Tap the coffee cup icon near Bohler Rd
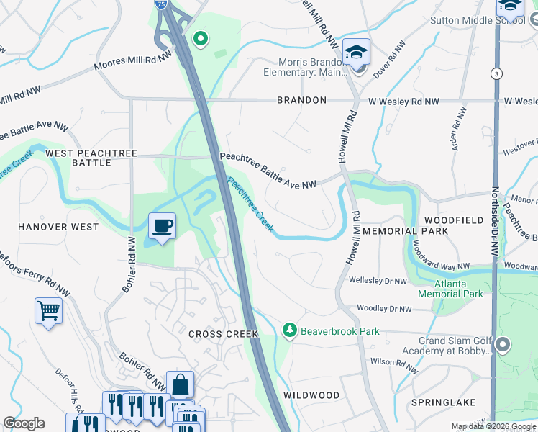tap(162, 226)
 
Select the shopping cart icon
tap(48, 311)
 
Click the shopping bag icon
tap(180, 384)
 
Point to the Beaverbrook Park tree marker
tap(289, 330)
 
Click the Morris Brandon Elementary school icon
tap(356, 52)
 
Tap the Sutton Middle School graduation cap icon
tap(509, 6)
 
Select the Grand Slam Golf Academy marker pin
tap(503, 346)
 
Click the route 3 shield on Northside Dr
tap(496, 73)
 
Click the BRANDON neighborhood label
tap(301, 101)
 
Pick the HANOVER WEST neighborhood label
tap(58, 227)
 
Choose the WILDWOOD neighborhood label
tap(311, 395)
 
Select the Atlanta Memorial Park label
tap(451, 289)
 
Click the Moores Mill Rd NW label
tap(134, 61)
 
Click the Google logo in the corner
tap(24, 423)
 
